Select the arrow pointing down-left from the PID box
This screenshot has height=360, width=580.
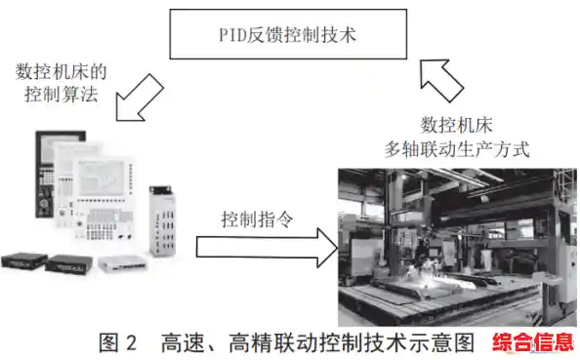pyautogui.click(x=139, y=98)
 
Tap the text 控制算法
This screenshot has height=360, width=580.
pyautogui.click(x=55, y=98)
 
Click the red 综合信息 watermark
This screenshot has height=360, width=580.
pyautogui.click(x=532, y=342)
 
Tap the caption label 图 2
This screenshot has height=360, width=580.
pyautogui.click(x=121, y=342)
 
